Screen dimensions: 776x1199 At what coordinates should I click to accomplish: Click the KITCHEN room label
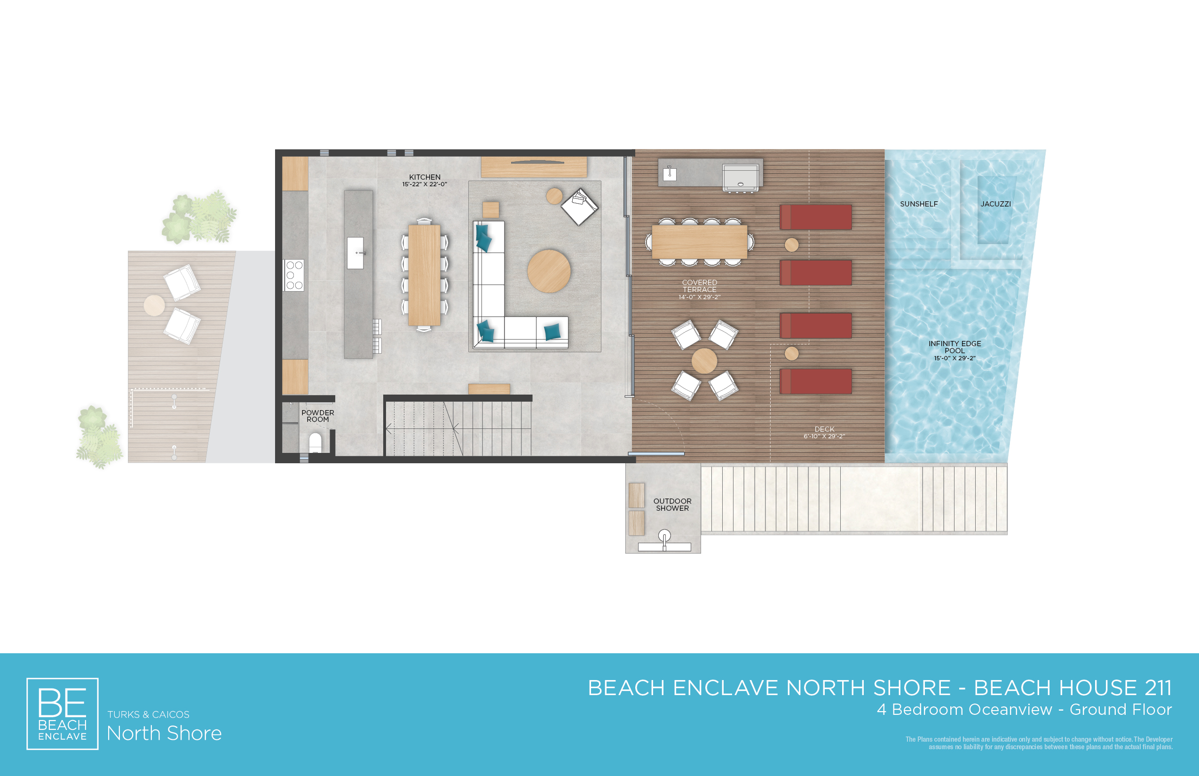pos(425,177)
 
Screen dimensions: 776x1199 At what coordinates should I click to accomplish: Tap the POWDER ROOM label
pos(317,416)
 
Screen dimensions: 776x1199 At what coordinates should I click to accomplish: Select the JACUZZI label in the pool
pos(995,204)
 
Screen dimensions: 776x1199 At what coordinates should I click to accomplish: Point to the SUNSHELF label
pos(919,204)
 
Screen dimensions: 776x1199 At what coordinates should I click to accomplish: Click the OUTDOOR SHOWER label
pos(672,504)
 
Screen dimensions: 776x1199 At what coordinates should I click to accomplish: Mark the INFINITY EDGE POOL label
pos(954,347)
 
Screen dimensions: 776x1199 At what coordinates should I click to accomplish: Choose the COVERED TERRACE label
pos(699,286)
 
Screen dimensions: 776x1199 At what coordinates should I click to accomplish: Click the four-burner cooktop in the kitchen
pos(294,275)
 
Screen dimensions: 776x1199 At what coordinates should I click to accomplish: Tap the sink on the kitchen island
pos(355,253)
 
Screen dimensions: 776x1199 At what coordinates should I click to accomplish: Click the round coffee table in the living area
pos(549,271)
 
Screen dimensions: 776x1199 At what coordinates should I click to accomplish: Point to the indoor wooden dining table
pos(424,275)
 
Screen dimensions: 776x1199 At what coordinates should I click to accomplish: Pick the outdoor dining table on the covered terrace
pos(699,242)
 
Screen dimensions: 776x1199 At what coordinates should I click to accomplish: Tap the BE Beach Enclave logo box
pos(63,713)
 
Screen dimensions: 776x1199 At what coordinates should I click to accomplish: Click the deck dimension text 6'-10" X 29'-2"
pos(824,436)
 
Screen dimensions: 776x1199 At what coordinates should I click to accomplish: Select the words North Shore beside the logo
pos(164,733)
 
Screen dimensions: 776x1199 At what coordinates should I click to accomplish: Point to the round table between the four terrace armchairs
pos(704,361)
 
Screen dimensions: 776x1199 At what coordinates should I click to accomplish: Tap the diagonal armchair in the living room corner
pos(579,206)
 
